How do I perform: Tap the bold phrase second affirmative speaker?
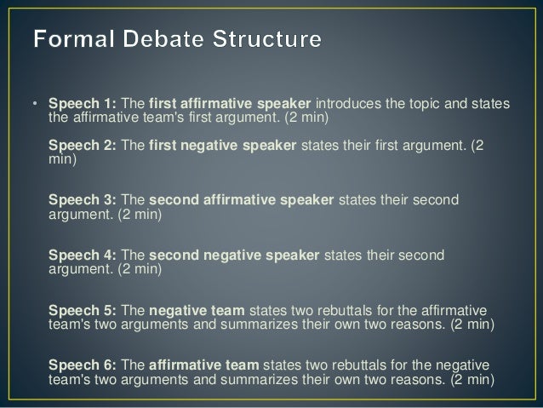pyautogui.click(x=242, y=200)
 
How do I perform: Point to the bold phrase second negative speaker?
pyautogui.click(x=234, y=256)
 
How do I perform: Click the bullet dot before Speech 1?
pyautogui.click(x=36, y=105)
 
